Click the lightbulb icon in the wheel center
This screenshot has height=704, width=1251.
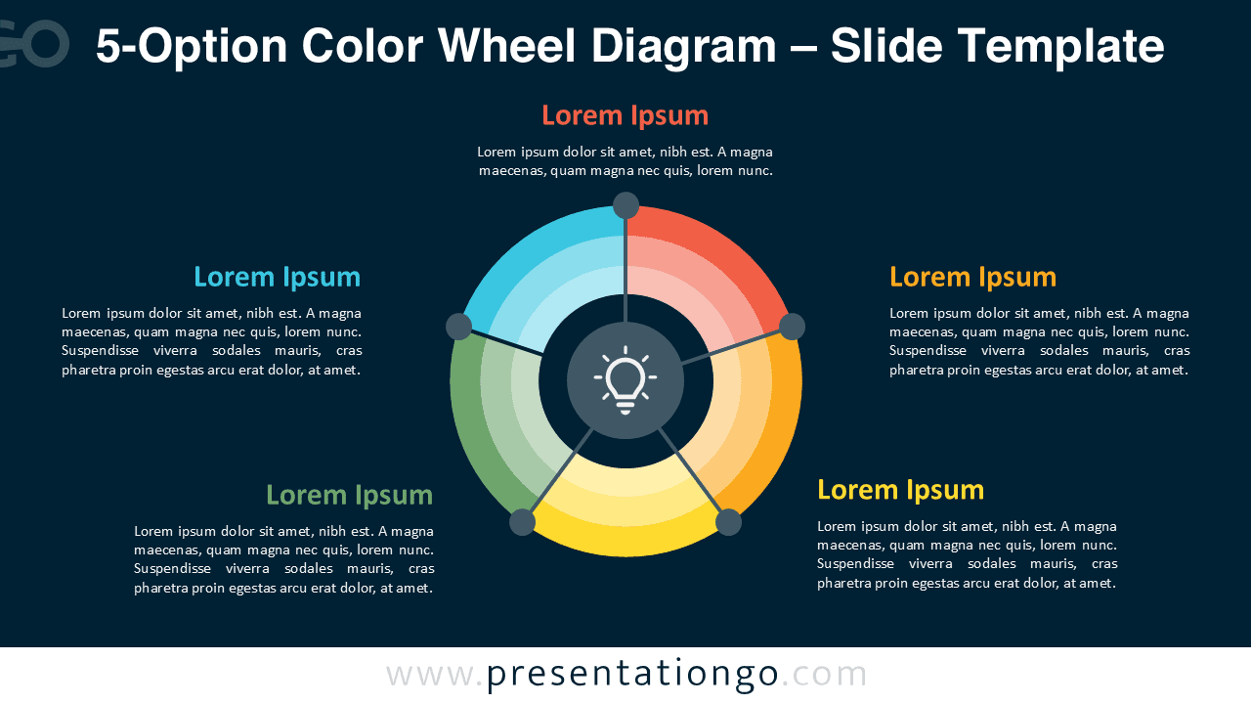pyautogui.click(x=625, y=380)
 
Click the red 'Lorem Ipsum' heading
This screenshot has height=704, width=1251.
pyautogui.click(x=625, y=115)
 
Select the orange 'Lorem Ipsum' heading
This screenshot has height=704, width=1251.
pyautogui.click(x=972, y=277)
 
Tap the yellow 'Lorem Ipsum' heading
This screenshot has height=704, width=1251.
pyautogui.click(x=900, y=489)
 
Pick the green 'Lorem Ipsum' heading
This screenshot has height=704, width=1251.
pyautogui.click(x=349, y=495)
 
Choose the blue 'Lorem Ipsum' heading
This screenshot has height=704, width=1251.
pyautogui.click(x=277, y=277)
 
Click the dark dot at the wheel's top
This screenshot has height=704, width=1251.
pyautogui.click(x=625, y=205)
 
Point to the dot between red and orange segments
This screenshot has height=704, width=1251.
pyautogui.click(x=792, y=327)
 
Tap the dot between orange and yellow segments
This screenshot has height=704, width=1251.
pyautogui.click(x=728, y=522)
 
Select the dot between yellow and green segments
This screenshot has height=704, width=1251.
pyautogui.click(x=523, y=522)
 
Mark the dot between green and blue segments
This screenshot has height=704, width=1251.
pyautogui.click(x=458, y=327)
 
